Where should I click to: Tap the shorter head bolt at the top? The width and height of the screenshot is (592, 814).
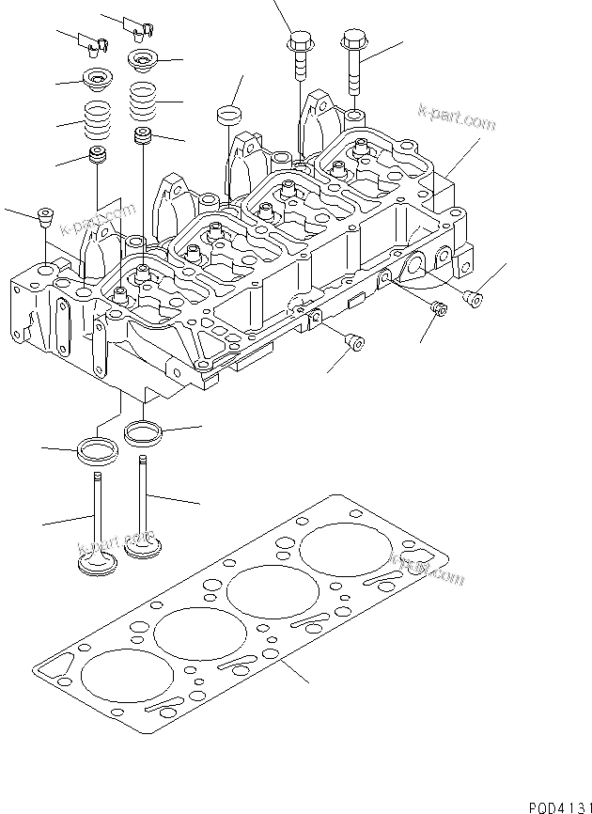coord(298,56)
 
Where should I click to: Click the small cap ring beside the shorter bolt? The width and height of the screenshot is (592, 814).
coord(227,116)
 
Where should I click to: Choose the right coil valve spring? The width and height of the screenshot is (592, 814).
coord(142,98)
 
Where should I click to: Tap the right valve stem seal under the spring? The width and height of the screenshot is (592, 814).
coord(143,135)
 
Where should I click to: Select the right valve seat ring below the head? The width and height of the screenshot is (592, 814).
coord(143,433)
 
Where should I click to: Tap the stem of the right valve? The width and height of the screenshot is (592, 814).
coord(144,498)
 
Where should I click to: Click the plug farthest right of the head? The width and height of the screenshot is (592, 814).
coord(475,299)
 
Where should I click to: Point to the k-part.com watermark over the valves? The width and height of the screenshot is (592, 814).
coord(117,542)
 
